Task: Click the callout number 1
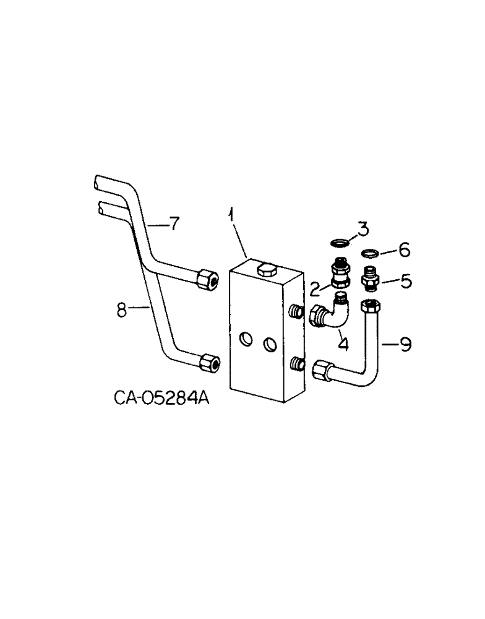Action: click(231, 217)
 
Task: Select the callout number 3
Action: click(363, 229)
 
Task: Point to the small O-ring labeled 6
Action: click(369, 253)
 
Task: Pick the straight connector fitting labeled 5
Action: click(370, 279)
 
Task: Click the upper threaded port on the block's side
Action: click(298, 311)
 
